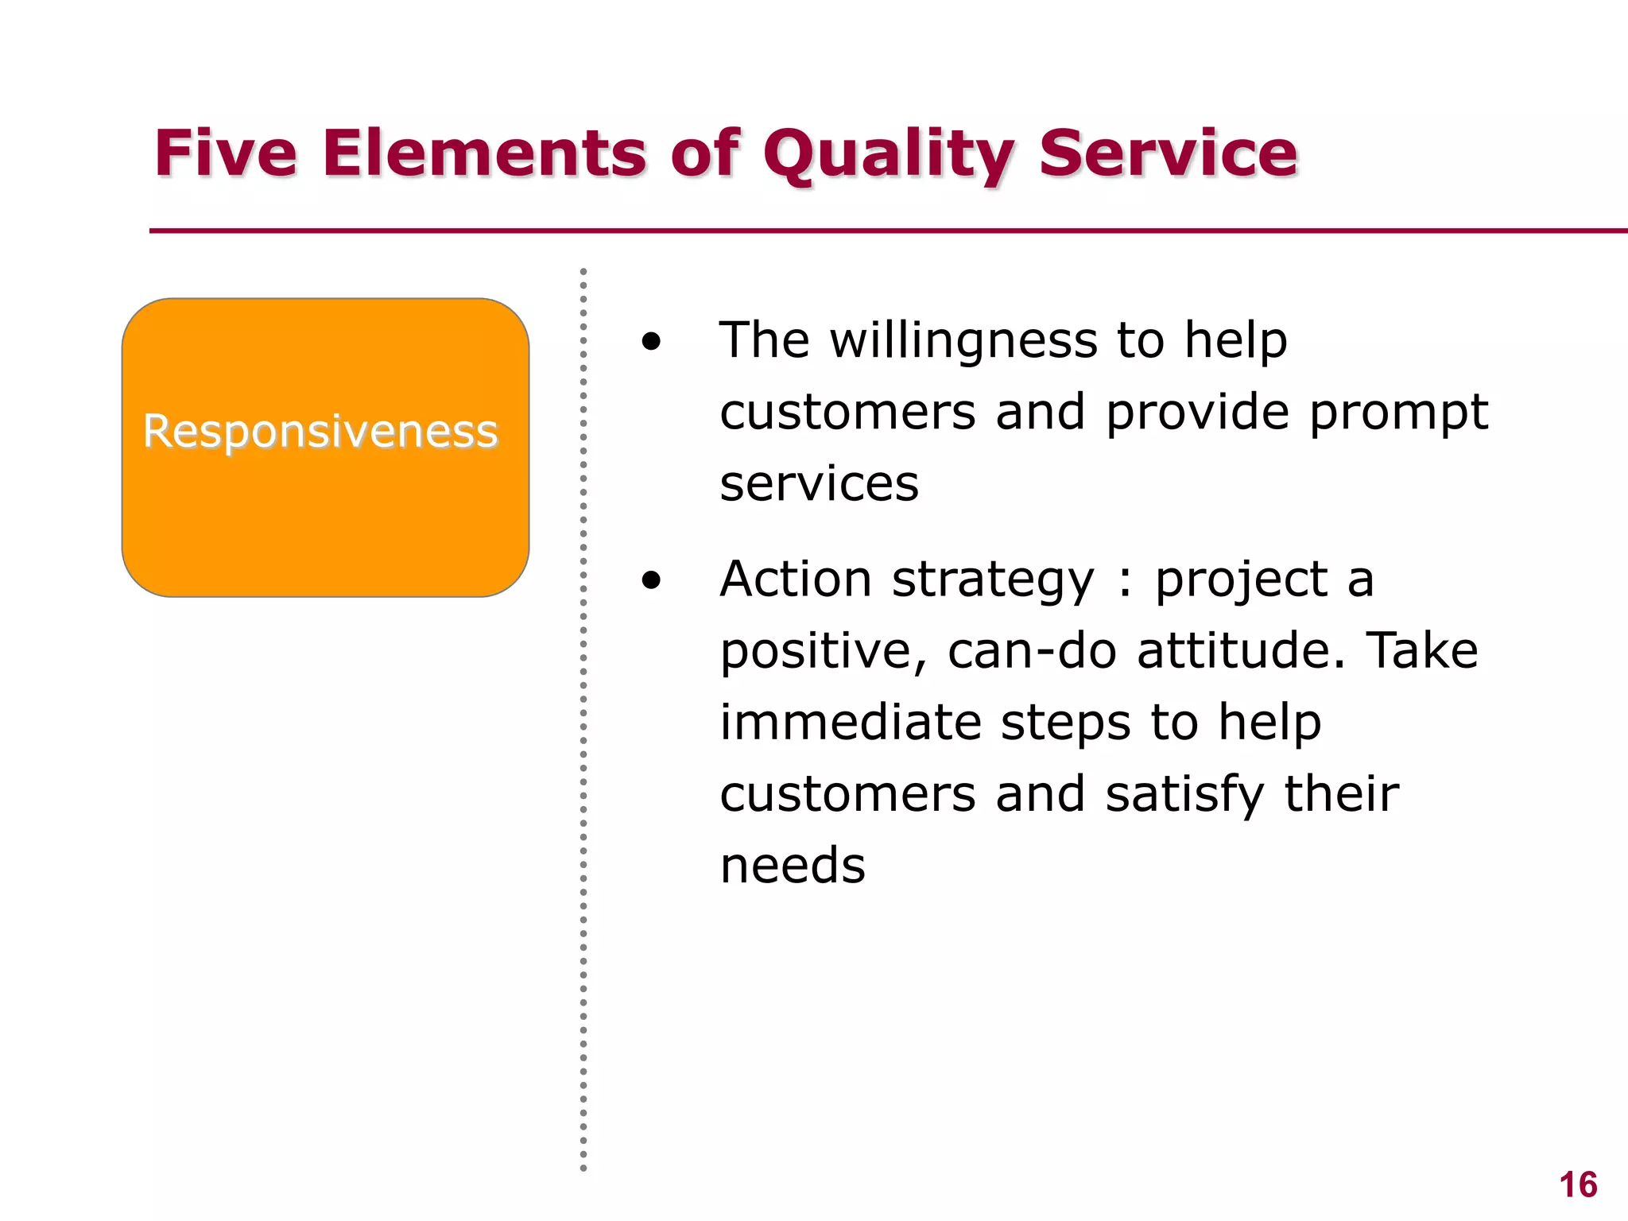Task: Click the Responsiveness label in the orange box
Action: pos(320,432)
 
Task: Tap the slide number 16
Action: pos(1578,1185)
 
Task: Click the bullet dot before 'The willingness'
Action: pos(651,342)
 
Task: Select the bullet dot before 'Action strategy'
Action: pos(651,580)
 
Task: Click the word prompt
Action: pos(1399,413)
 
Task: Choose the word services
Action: pos(819,484)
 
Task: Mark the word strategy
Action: pos(993,580)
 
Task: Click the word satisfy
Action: pos(1184,795)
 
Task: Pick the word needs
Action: pos(792,866)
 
